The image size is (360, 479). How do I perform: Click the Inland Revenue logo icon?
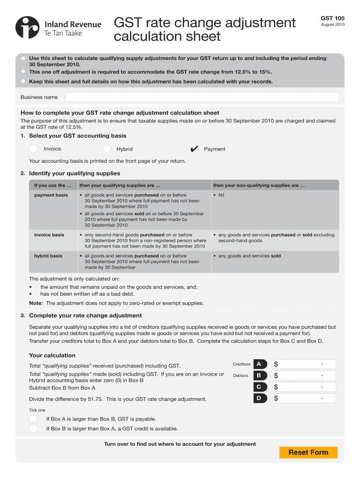coord(27,28)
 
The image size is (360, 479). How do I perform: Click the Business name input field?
coord(202,97)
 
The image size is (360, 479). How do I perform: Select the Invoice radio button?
coord(34,149)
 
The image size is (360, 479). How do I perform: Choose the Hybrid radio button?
coord(107,149)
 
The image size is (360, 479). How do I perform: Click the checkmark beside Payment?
coord(194,149)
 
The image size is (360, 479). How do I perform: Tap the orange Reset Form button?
coord(308,452)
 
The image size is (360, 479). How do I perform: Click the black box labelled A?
coord(259,364)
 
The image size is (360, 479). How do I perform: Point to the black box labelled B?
coord(259,375)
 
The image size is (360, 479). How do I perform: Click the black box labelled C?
coord(259,387)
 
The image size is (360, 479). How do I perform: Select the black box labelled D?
coord(259,398)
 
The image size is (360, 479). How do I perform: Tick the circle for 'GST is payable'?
coord(34,419)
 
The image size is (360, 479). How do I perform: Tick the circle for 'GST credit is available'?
coord(34,428)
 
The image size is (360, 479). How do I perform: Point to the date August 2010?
coord(332,25)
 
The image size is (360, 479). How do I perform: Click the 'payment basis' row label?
coord(51,195)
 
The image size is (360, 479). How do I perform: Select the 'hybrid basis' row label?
coord(48,256)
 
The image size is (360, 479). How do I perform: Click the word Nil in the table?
coord(221,195)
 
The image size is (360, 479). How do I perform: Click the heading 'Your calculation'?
coord(52,355)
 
